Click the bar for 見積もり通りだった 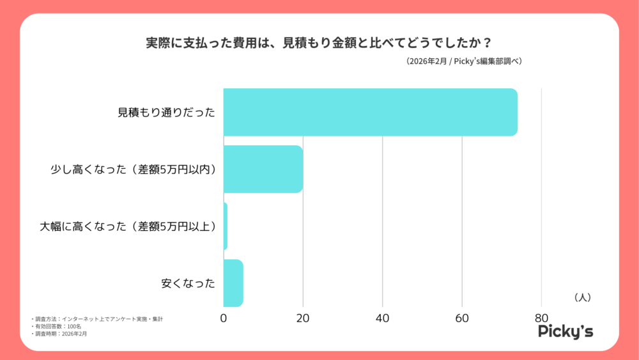point(370,112)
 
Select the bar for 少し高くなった point(263,169)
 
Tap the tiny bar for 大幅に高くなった point(225,226)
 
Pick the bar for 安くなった point(233,283)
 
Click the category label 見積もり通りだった point(166,113)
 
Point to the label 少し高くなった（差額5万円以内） point(133,169)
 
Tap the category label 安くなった point(188,283)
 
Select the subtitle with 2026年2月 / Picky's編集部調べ point(463,61)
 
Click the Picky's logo point(565,331)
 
